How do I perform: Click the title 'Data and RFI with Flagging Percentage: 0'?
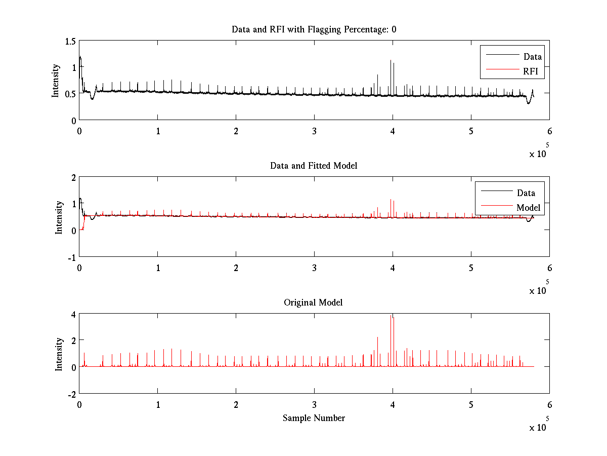[314, 29]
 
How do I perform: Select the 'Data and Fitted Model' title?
[314, 166]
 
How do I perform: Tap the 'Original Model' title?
[313, 302]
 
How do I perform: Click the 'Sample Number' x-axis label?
[314, 418]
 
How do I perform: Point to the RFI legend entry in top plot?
[533, 71]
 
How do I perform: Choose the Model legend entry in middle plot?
[528, 207]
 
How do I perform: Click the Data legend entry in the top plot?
[532, 57]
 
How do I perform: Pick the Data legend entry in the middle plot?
[526, 193]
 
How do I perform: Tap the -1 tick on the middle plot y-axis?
[71, 257]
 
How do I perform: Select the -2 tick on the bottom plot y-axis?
[71, 394]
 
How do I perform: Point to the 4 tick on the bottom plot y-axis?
[73, 314]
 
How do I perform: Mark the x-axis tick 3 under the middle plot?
[314, 268]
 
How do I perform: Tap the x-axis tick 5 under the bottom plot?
[471, 404]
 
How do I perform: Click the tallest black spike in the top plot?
[391, 61]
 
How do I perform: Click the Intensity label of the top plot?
[56, 80]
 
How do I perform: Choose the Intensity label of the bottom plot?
[59, 354]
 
